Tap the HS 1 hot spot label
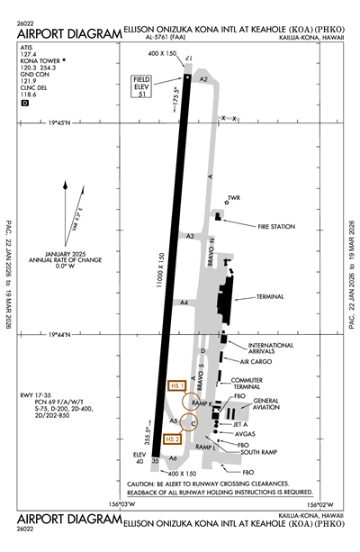pyautogui.click(x=176, y=385)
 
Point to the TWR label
pyautogui.click(x=236, y=198)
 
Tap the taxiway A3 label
pyautogui.click(x=190, y=236)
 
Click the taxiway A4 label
pyautogui.click(x=183, y=303)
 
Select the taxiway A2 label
pyautogui.click(x=204, y=79)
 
